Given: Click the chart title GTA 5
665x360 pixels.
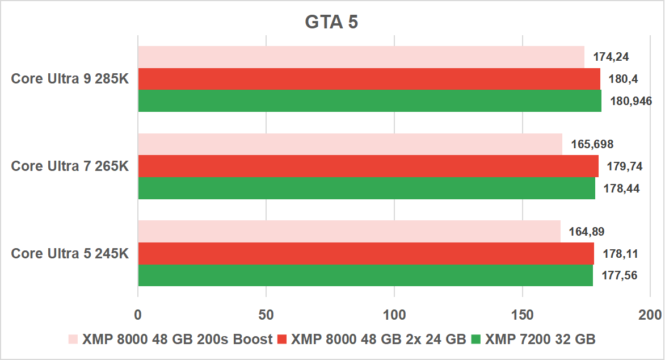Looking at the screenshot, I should pyautogui.click(x=332, y=22).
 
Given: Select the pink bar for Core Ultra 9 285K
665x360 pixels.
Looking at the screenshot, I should pyautogui.click(x=361, y=57).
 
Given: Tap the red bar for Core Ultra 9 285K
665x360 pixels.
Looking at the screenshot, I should pyautogui.click(x=369, y=79).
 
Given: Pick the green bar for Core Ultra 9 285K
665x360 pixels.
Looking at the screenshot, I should pyautogui.click(x=369, y=101).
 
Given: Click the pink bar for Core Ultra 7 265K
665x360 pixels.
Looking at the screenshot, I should pyautogui.click(x=350, y=144).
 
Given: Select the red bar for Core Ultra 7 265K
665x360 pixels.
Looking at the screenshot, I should pyautogui.click(x=368, y=166).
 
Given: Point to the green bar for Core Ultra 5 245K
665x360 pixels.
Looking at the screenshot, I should pyautogui.click(x=365, y=275).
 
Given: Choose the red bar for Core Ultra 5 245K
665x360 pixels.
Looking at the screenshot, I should pyautogui.click(x=366, y=253).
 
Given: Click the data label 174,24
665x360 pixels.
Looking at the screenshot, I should pyautogui.click(x=611, y=57).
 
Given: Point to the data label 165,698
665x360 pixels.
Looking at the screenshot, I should pyautogui.click(x=592, y=144).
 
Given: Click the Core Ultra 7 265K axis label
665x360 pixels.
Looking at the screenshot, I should pyautogui.click(x=70, y=166).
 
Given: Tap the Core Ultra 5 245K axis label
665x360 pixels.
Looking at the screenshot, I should pyautogui.click(x=70, y=253).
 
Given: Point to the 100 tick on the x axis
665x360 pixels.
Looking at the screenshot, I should pyautogui.click(x=394, y=314).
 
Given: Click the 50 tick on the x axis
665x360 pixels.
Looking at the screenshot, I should pyautogui.click(x=266, y=314).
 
